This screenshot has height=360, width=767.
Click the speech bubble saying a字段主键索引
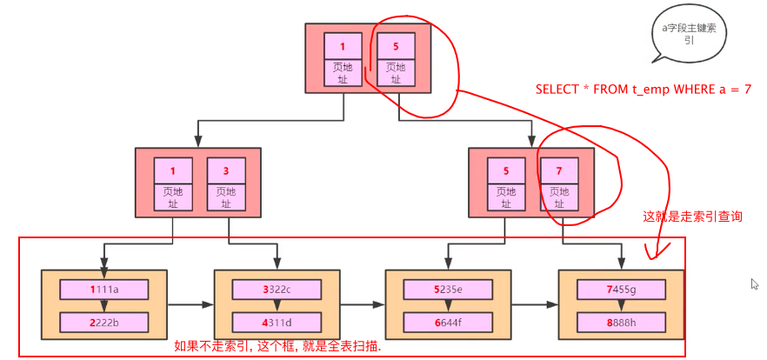click(x=689, y=36)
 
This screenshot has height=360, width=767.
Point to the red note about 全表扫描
click(x=278, y=345)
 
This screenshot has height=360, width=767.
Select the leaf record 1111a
click(x=103, y=289)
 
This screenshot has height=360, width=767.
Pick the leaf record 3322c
click(x=277, y=289)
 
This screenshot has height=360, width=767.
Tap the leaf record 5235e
click(x=448, y=289)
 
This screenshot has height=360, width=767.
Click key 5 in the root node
click(x=396, y=46)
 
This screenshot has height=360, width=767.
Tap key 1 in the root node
click(x=343, y=46)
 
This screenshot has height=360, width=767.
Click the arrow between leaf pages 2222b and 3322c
click(x=190, y=305)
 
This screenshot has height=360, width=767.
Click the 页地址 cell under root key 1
click(x=343, y=73)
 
